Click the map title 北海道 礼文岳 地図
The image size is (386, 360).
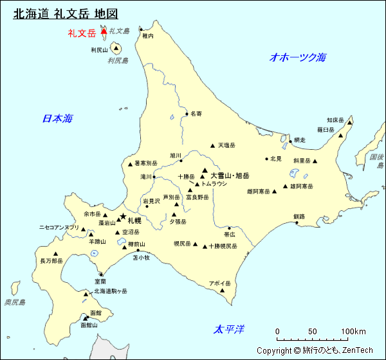66,14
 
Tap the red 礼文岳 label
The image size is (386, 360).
82,33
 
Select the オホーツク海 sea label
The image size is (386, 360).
298,57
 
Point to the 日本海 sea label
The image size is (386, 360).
58,118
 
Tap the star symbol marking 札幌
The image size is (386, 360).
122,217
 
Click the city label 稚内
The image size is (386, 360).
148,37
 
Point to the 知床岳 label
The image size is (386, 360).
335,120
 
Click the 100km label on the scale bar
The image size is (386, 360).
353,332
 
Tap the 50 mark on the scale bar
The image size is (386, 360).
313,332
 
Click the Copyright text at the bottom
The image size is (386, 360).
315,350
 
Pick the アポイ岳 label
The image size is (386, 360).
219,283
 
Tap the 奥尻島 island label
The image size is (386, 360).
14,302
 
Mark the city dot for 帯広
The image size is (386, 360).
229,228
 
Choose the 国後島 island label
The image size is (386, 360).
377,161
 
